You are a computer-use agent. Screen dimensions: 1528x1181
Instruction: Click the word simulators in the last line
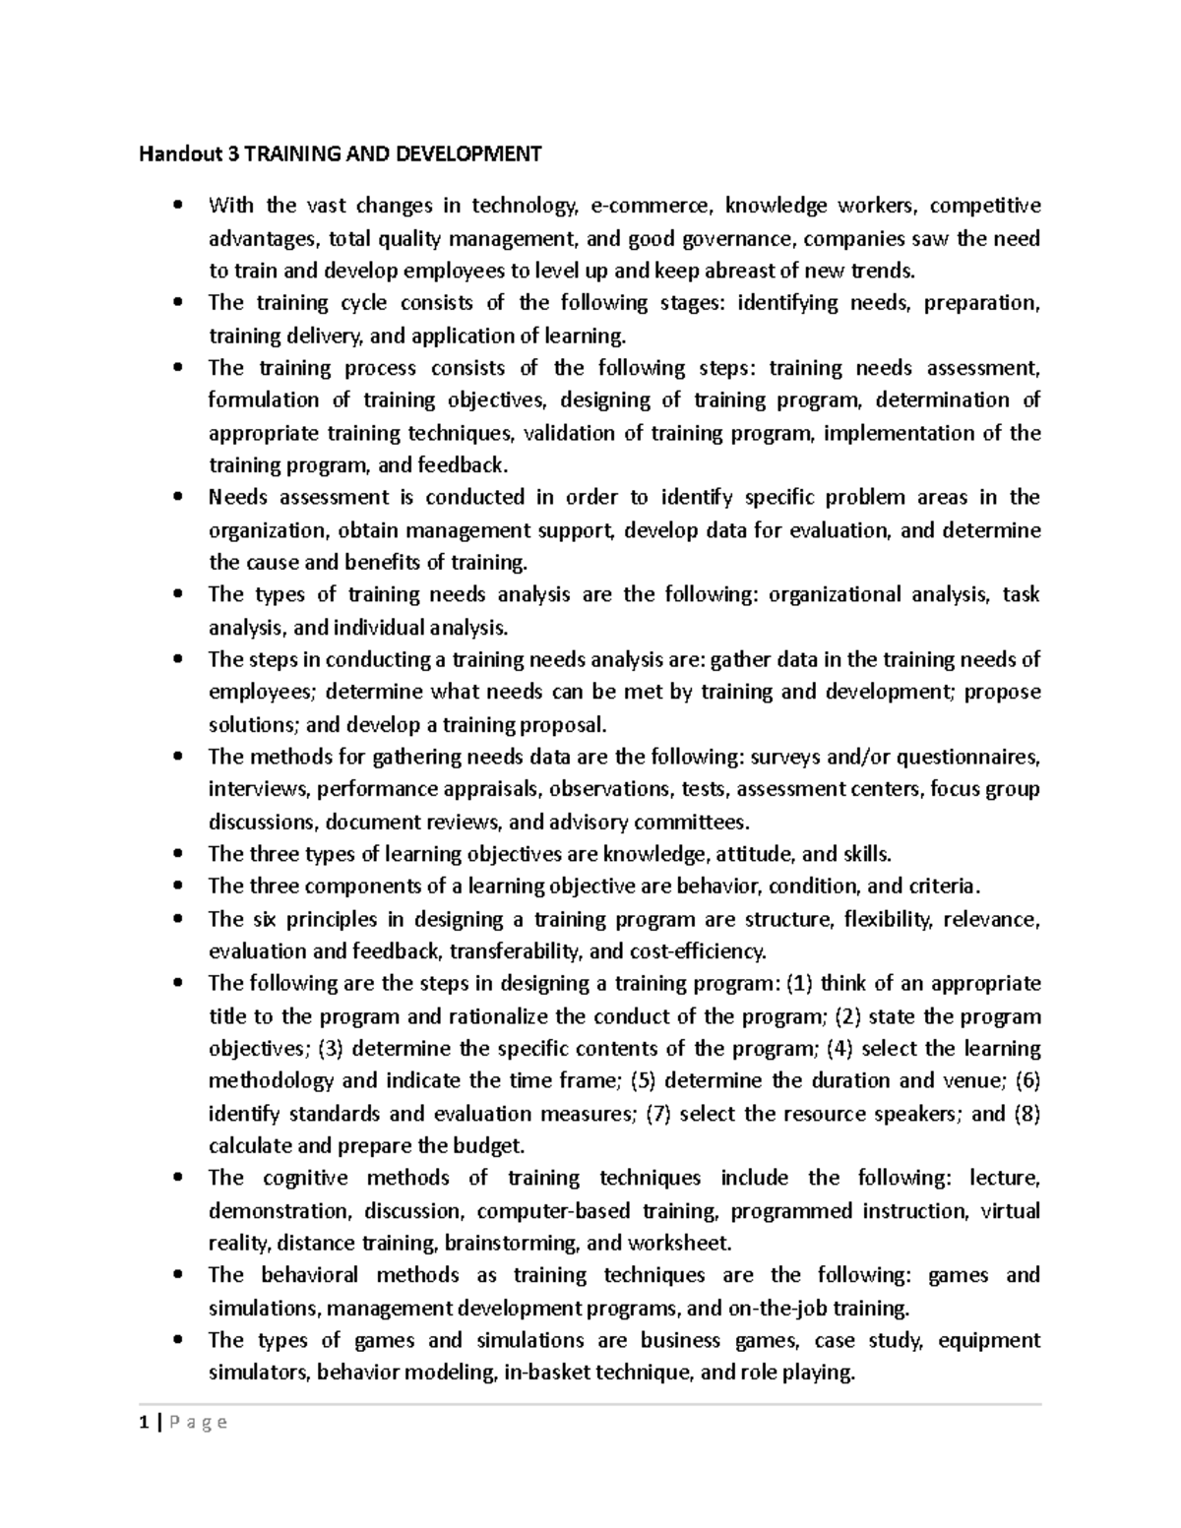pos(259,1372)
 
